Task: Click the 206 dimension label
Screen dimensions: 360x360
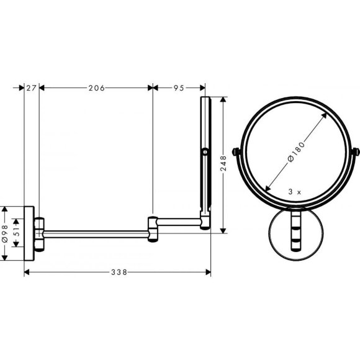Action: [96, 88]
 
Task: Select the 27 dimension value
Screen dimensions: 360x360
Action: [31, 88]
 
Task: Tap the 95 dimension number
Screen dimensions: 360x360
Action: [178, 88]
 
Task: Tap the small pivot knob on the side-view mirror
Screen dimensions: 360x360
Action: [204, 151]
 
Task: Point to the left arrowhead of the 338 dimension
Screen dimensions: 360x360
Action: [27, 272]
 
